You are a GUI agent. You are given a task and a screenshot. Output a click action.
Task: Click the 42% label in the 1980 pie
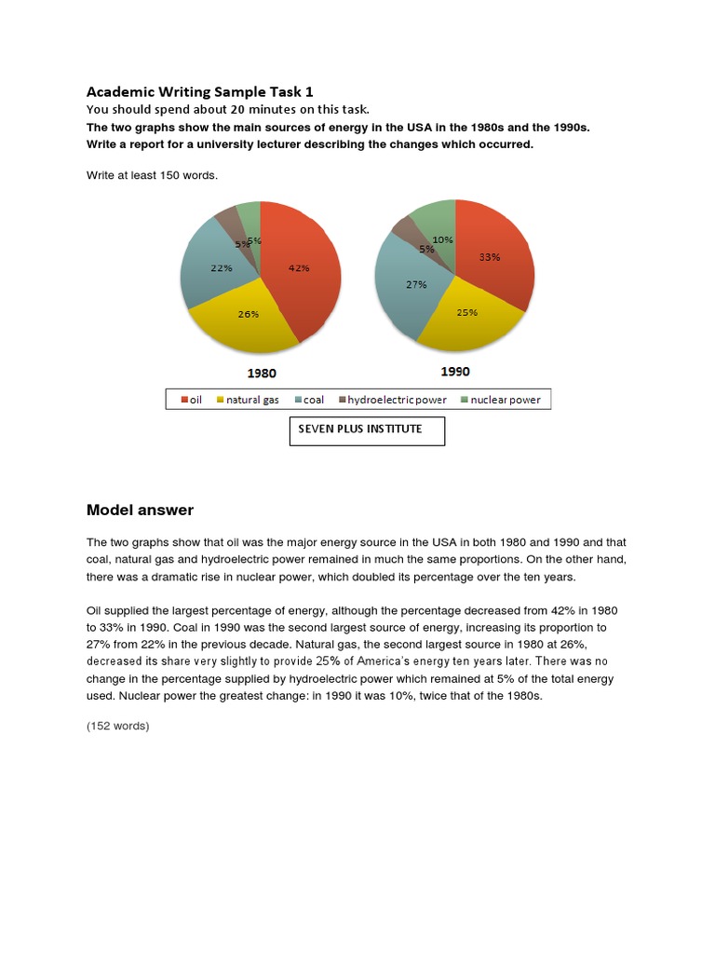[299, 268]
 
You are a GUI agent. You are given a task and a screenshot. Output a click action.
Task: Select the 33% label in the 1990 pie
[490, 257]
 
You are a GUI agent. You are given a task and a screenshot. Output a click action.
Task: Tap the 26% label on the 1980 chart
[248, 314]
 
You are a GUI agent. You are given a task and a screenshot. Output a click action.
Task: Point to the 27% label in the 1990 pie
[415, 284]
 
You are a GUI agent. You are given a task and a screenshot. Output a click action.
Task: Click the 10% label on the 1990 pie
[443, 239]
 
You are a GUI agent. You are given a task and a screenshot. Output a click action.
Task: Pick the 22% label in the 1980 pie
[221, 268]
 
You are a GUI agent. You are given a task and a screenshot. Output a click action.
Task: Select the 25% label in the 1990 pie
[467, 312]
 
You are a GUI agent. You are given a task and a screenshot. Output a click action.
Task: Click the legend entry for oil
[190, 400]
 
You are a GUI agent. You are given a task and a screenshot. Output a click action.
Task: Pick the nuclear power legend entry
[500, 400]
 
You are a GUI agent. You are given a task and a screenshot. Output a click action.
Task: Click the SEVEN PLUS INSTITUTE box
[367, 430]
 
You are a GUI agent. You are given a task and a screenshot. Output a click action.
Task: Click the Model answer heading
[140, 510]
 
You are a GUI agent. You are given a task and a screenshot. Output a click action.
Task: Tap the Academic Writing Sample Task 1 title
[200, 91]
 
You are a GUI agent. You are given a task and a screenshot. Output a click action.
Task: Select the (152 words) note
[117, 726]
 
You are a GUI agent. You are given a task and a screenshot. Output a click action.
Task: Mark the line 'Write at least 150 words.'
[152, 175]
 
